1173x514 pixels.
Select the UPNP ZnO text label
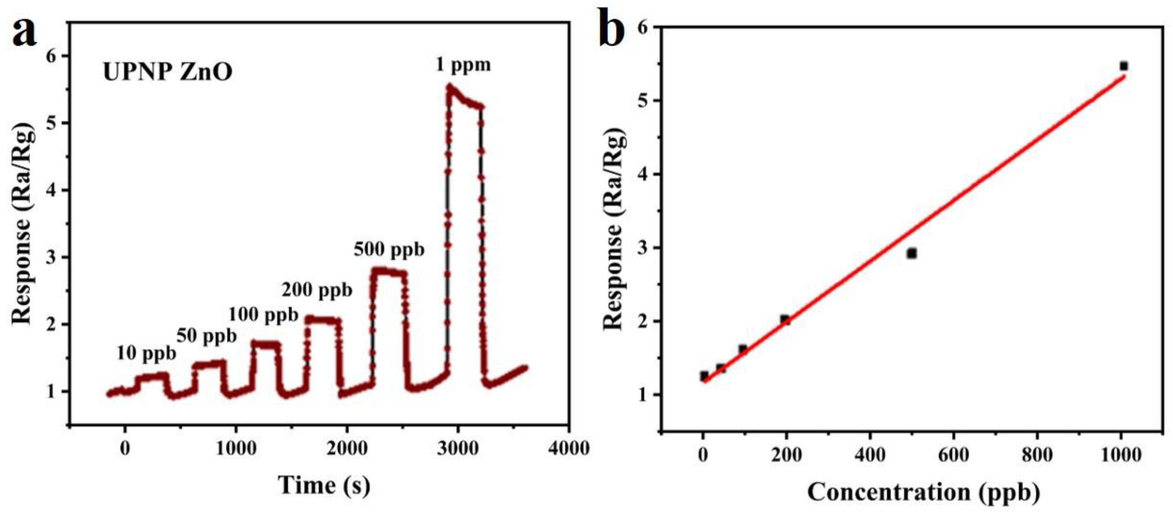coord(167,72)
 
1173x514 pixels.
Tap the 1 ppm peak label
coord(463,65)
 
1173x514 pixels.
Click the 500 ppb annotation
coord(389,250)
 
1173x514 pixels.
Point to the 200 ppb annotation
coord(317,290)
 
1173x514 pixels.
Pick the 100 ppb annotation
coord(263,314)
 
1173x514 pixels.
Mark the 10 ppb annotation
coord(146,353)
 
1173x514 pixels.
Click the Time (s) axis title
coord(324,485)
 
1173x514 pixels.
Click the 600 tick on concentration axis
coord(954,455)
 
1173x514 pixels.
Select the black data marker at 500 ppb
coord(912,253)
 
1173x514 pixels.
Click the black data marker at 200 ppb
coord(785,320)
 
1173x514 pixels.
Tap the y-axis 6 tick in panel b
coord(643,27)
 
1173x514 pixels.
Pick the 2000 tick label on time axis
coord(346,449)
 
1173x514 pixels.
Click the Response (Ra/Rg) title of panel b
coord(614,228)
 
